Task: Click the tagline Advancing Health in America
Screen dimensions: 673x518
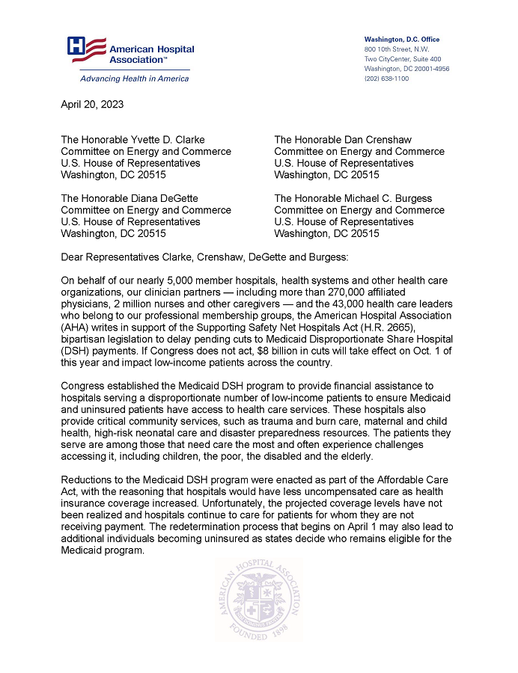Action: click(x=124, y=79)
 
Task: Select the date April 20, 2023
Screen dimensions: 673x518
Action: click(x=92, y=105)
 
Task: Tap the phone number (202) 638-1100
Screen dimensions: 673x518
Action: click(x=386, y=79)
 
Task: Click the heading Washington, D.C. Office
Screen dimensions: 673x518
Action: click(x=401, y=40)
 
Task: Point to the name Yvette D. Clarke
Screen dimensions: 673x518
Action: click(x=162, y=139)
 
